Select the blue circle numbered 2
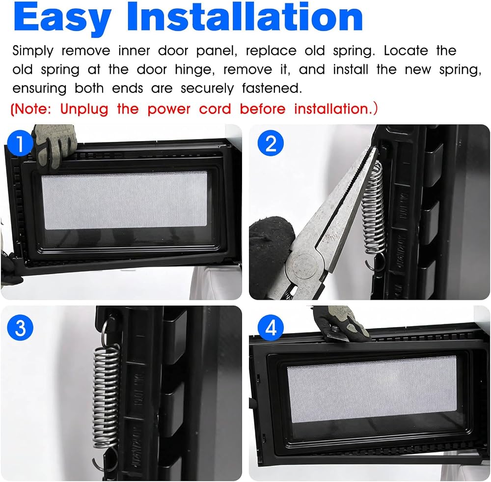point(271,144)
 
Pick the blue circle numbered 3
point(20,328)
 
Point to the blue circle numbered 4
point(271,328)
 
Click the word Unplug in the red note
point(84,110)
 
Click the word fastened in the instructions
point(272,88)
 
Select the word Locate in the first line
point(406,51)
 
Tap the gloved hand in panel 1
point(55,142)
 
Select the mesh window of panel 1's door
point(125,200)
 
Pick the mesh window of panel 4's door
point(372,389)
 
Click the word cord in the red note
point(215,110)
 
